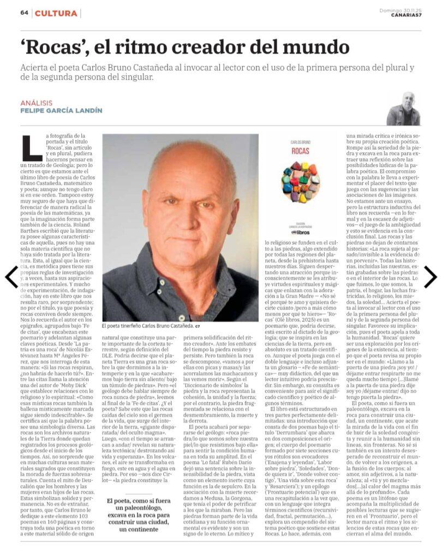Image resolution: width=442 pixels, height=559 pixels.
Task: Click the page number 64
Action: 24,13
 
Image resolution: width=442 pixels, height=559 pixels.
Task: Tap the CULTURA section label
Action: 57,13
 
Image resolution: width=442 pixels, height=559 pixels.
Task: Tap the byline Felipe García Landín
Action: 61,111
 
